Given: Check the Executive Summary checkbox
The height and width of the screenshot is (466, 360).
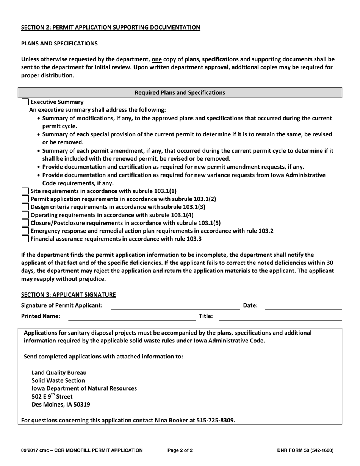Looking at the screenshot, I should point(25,102).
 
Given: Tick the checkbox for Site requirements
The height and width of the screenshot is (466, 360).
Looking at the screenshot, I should point(25,191).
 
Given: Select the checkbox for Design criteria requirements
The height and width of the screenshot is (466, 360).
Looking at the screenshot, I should point(25,207).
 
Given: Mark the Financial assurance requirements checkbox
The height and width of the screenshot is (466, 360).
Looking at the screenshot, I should point(25,239).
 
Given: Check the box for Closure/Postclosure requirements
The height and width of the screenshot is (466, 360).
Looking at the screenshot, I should point(25,223).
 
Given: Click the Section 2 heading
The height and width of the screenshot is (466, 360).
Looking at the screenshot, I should point(110,27).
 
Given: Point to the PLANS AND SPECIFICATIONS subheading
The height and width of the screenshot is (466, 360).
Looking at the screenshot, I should point(59,43).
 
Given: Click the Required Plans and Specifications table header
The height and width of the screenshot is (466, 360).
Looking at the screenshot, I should point(180,92).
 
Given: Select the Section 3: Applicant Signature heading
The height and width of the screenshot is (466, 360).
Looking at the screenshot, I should point(68,294).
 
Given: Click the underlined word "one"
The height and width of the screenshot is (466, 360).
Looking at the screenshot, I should point(157,59).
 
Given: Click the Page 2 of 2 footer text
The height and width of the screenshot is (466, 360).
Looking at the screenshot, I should point(180,450).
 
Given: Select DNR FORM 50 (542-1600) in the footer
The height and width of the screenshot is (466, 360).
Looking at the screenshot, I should point(305,450).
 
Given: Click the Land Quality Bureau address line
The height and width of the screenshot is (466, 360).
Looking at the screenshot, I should point(59,372).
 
